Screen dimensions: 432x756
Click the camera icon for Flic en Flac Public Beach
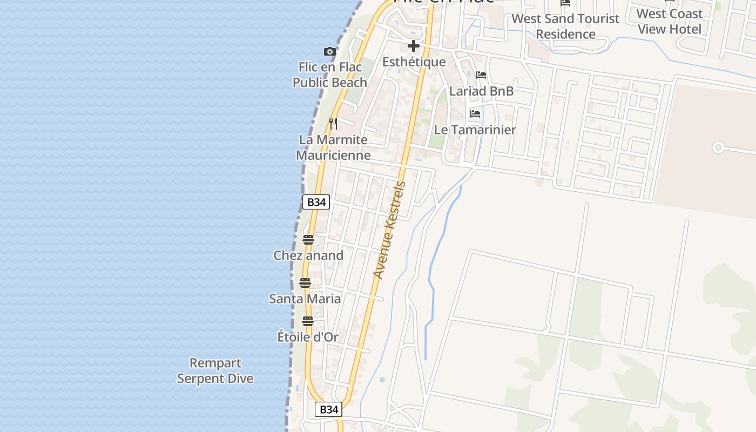coord(330,52)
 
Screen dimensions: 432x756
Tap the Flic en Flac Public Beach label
coord(330,75)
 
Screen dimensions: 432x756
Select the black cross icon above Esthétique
coord(414,46)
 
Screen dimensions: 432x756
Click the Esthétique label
coord(414,62)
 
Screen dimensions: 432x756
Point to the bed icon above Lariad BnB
coord(481,75)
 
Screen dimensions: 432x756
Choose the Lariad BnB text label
coord(481,91)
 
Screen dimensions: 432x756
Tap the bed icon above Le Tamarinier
coord(475,114)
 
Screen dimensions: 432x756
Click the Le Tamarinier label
coord(475,130)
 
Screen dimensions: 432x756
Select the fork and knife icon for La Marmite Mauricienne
coord(333,124)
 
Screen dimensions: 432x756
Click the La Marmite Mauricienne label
coord(333,147)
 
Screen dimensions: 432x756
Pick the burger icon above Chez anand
coord(308,240)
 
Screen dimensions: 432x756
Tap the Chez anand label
coord(308,255)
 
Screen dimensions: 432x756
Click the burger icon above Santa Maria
coord(305,283)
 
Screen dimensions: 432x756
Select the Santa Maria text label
coord(305,299)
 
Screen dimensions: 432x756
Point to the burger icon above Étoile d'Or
coord(308,321)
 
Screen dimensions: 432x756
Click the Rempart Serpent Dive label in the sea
coord(215,370)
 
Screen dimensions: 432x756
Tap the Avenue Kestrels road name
coord(389,230)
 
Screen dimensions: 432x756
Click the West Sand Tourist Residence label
coord(565,26)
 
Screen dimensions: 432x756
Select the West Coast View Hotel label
coord(670,22)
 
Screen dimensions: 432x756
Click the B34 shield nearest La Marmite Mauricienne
coord(316,202)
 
